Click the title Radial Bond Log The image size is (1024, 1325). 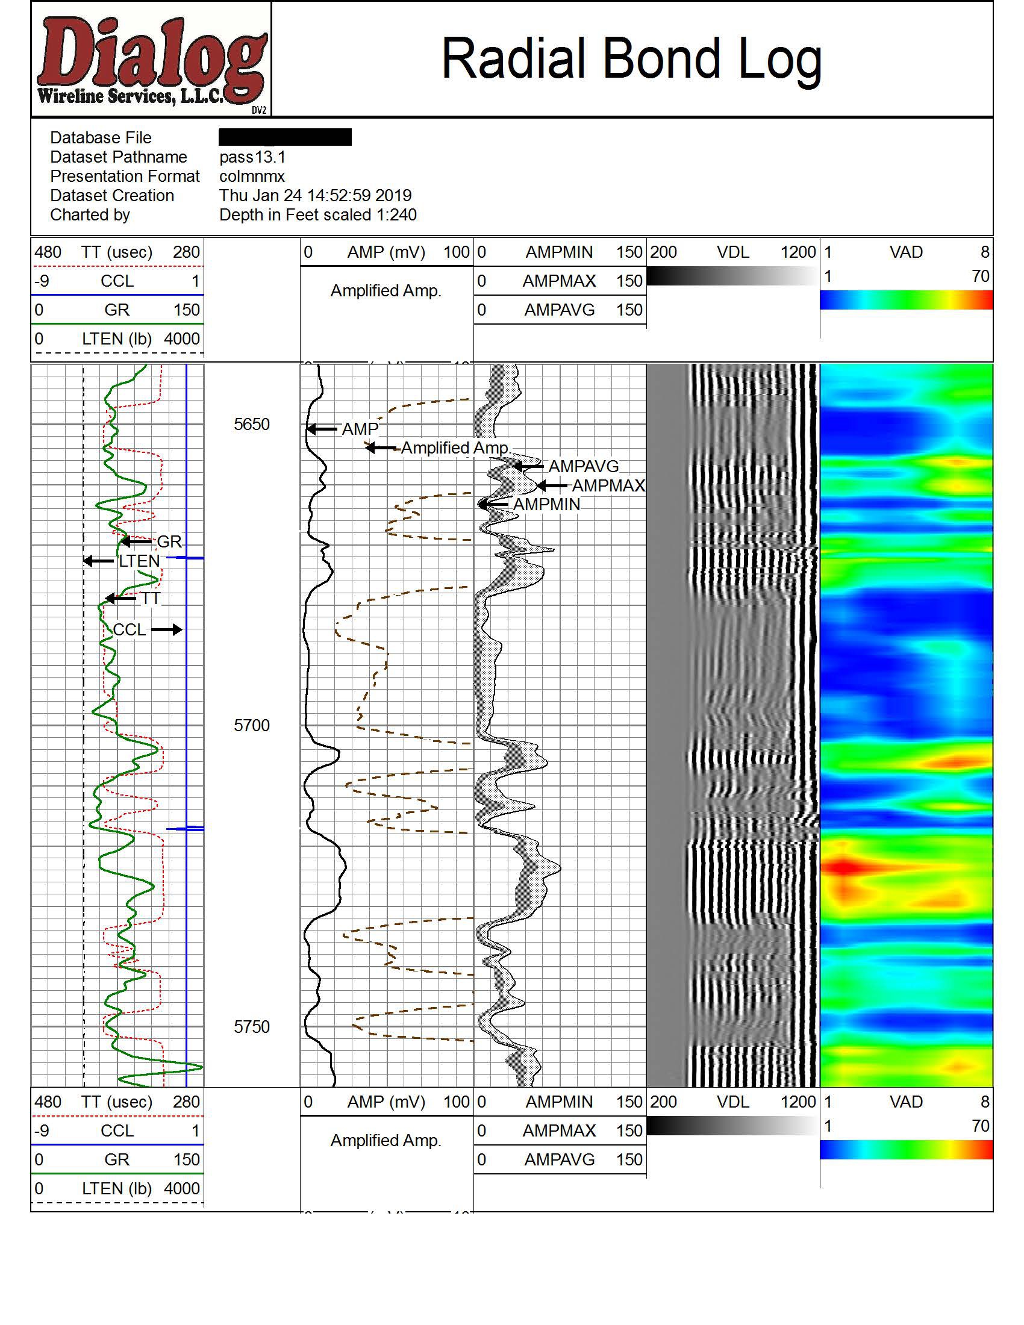coord(631,59)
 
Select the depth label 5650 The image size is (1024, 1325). coord(252,424)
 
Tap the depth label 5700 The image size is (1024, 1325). coord(252,725)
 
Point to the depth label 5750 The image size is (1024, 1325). coord(252,1026)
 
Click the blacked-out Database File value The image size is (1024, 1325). coord(285,137)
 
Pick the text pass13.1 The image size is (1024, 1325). coord(252,157)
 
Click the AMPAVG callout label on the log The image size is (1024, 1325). coord(584,467)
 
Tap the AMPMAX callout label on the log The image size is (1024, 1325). coord(608,485)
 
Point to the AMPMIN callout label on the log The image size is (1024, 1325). coord(546,504)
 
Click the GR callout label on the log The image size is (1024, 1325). coord(169,541)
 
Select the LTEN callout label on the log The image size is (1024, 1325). coord(139,561)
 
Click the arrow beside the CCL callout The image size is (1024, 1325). coord(167,630)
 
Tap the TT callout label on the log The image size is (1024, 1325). coord(151,599)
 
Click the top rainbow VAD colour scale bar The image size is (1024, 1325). coord(907,300)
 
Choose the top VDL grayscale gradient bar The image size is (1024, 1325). coord(732,276)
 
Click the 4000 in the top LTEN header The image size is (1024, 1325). coord(181,339)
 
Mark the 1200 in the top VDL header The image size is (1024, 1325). coord(798,252)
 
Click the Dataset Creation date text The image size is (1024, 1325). coord(316,196)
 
